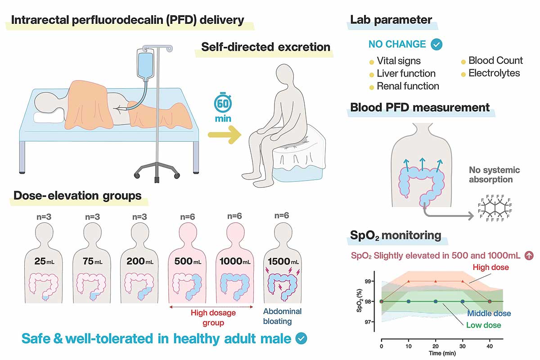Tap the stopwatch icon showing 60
click(223, 103)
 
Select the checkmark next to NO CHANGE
click(436, 44)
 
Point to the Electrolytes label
click(494, 73)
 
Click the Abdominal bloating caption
click(282, 316)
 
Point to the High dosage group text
click(207, 317)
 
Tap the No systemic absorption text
click(494, 175)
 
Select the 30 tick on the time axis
click(463, 347)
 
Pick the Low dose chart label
click(483, 325)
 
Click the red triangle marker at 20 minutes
click(436, 281)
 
